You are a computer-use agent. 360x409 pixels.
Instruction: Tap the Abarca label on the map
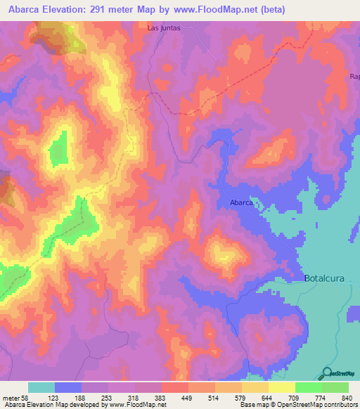pyautogui.click(x=241, y=202)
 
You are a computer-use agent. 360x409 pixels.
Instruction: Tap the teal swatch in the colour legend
pyautogui.click(x=41, y=387)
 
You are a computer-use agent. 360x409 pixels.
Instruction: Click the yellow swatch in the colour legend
pyautogui.click(x=281, y=387)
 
